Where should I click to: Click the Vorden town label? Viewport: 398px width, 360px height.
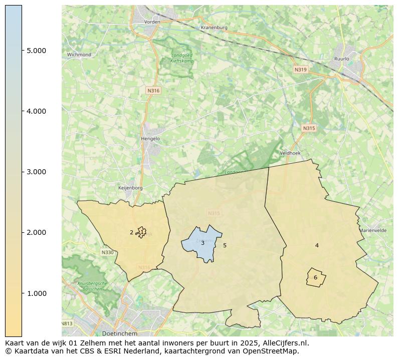click(152, 22)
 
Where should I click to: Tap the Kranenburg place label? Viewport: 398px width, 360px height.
click(214, 28)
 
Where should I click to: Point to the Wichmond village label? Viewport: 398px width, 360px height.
click(79, 55)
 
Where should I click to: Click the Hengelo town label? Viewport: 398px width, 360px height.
click(150, 139)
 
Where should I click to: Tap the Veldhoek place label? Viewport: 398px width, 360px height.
click(289, 153)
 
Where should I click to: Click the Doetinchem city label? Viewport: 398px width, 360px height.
click(119, 333)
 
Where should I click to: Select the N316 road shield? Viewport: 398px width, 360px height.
click(153, 91)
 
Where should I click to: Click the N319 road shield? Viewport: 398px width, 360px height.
click(300, 70)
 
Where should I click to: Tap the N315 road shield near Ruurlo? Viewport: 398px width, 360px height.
click(309, 129)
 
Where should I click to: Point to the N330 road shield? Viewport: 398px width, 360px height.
click(107, 252)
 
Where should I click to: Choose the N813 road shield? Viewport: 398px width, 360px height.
click(67, 323)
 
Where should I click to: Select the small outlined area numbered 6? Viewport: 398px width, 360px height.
click(316, 277)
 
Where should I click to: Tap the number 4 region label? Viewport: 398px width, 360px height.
click(317, 245)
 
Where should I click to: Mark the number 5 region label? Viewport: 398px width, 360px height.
click(225, 245)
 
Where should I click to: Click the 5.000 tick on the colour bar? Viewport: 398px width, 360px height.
click(36, 51)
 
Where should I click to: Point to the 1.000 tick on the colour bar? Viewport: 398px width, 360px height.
click(36, 293)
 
